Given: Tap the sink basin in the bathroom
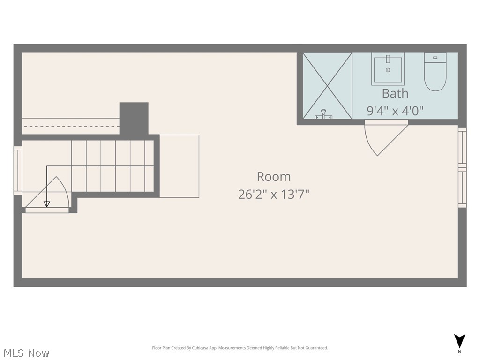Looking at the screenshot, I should [x=388, y=70].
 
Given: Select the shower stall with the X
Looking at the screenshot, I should [x=327, y=85].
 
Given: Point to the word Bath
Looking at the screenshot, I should [x=395, y=93].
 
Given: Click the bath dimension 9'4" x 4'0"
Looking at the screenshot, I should [x=395, y=111].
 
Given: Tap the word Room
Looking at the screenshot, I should [x=274, y=177].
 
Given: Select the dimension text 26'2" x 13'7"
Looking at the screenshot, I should [x=274, y=194].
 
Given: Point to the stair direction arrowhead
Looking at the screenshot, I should [x=46, y=203].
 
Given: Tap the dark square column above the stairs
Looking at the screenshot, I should [x=134, y=118].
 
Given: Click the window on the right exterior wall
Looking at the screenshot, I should [x=462, y=167].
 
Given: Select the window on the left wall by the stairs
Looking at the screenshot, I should [x=18, y=170].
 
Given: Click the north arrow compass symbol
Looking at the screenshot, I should [x=460, y=341].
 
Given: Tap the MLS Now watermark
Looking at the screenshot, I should [x=26, y=352].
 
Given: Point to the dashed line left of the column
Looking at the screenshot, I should [x=70, y=126].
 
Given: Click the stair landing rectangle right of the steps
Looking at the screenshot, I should [x=179, y=166].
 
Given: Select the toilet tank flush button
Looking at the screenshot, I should [x=435, y=57].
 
